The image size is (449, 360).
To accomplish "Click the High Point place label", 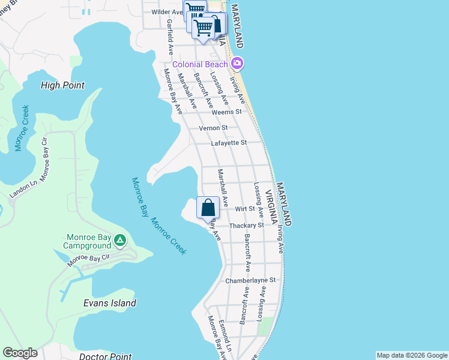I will coord(62,85).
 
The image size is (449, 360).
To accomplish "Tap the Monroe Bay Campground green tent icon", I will coord(120,241).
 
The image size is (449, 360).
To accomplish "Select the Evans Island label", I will coord(109,303).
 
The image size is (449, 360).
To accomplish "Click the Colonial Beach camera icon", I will coord(238,63).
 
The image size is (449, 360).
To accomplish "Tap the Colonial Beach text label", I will coord(200,64).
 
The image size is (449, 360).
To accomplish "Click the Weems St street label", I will coord(227,112).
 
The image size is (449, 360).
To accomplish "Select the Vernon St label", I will coord(213,128).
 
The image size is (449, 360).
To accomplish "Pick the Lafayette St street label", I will coord(229,143).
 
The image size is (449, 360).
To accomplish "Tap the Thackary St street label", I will coord(247,225).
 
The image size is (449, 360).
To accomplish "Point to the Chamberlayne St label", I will coord(250,280).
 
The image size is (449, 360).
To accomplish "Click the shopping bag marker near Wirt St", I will coord(208,209).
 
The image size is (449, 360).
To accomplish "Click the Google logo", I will coord(20,353).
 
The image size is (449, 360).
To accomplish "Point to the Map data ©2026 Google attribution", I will coord(412,355).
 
